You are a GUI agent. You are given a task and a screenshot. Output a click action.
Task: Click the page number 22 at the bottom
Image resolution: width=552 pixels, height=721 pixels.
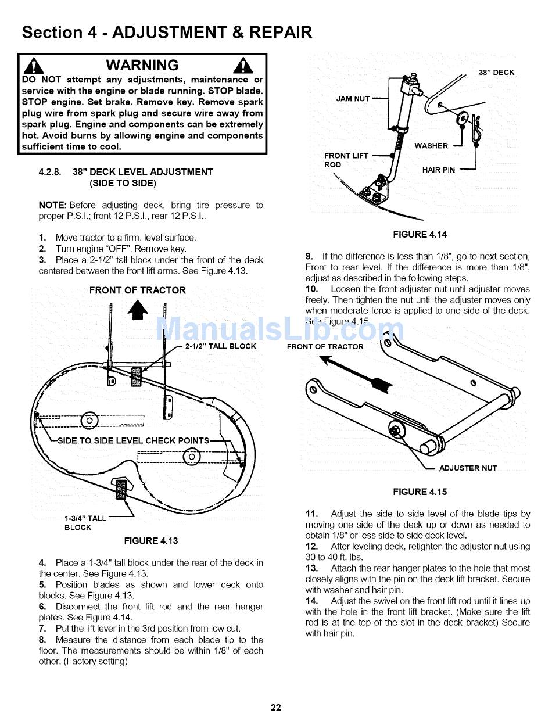tap(275, 707)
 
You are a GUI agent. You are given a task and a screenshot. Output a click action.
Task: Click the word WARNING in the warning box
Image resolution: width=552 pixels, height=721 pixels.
tap(142, 65)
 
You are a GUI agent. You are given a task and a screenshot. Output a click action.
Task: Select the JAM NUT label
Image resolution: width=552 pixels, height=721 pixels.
tap(353, 99)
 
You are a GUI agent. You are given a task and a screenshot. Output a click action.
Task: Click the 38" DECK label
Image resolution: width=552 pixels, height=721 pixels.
tap(496, 73)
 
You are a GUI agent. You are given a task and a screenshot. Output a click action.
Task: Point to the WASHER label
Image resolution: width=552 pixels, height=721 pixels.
tap(431, 146)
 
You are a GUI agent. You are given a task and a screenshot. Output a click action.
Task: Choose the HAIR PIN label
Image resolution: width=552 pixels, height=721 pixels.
tap(439, 170)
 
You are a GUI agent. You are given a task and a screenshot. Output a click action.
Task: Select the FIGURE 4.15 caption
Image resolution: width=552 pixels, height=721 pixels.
tap(420, 492)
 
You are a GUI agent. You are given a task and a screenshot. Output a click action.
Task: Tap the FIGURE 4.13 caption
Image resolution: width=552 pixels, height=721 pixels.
tap(151, 541)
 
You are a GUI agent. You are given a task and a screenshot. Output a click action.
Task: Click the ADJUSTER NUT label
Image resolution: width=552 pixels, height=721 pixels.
tap(468, 468)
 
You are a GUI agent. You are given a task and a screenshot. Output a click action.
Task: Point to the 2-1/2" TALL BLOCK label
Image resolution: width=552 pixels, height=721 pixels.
tap(220, 346)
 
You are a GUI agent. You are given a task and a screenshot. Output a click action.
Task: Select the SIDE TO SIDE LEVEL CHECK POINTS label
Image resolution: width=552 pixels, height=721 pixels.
tap(133, 440)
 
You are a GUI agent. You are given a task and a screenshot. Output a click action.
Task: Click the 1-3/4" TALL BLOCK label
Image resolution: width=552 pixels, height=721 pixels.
tap(85, 523)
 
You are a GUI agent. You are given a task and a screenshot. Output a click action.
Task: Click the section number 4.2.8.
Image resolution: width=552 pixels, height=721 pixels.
tap(49, 172)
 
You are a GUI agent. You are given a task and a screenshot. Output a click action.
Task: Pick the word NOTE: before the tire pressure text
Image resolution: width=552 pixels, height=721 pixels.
tap(52, 205)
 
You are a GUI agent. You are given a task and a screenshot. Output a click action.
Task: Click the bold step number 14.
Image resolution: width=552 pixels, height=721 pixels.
tap(312, 601)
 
